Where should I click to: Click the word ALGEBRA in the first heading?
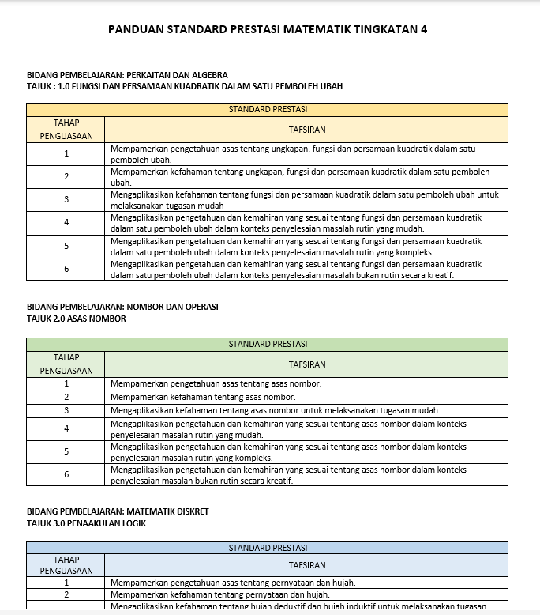(x=208, y=75)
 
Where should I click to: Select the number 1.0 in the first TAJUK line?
(x=65, y=86)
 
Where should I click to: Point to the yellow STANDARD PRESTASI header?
(x=267, y=110)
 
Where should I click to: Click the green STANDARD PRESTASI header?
(x=267, y=344)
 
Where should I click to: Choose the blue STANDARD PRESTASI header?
(x=267, y=548)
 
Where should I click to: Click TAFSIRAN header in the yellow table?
(x=306, y=130)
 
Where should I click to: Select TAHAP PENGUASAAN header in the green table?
(x=66, y=364)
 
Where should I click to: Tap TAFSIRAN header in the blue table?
(x=306, y=566)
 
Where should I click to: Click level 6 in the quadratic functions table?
(x=66, y=269)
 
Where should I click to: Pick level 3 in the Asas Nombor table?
(x=66, y=410)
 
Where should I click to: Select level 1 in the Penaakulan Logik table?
(x=66, y=583)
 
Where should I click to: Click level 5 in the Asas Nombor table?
(x=66, y=451)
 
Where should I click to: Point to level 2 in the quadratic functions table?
(x=66, y=176)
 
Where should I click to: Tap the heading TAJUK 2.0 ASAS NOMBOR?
(x=76, y=319)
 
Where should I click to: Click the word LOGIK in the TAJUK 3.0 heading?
(x=133, y=523)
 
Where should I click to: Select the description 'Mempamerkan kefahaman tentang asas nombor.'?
(x=203, y=397)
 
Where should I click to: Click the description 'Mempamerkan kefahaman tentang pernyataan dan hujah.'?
(x=220, y=594)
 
